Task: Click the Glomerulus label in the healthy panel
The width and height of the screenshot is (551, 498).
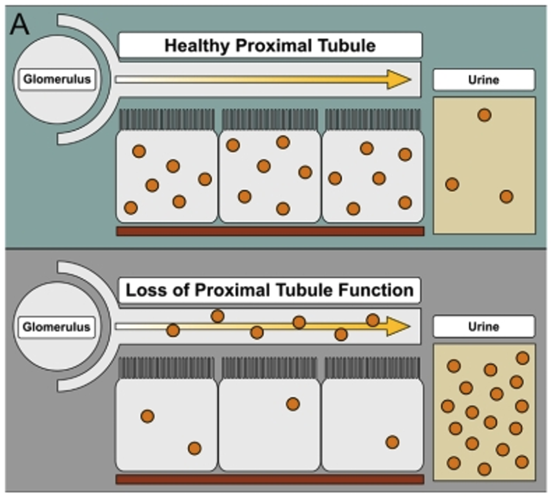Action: (58, 80)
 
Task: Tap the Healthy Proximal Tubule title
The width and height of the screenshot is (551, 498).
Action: (270, 45)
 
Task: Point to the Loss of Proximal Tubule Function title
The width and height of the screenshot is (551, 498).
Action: (270, 290)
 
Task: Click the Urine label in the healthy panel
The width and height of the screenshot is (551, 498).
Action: (484, 80)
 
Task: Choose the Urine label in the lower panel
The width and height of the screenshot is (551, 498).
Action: (484, 327)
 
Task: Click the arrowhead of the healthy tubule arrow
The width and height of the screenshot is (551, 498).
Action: (399, 79)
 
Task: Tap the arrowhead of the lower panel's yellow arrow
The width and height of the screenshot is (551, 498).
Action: (399, 326)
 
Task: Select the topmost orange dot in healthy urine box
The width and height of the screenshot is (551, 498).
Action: (484, 115)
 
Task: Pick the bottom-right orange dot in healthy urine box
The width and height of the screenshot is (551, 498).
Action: (506, 197)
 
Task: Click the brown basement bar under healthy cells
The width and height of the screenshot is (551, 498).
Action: (269, 231)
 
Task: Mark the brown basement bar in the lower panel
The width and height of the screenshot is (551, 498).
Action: (269, 479)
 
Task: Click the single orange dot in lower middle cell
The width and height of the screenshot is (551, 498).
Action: (293, 404)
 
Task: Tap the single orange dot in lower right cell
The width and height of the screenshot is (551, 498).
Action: (392, 442)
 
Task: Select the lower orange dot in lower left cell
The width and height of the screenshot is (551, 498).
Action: (194, 448)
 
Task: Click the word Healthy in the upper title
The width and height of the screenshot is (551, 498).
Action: (197, 45)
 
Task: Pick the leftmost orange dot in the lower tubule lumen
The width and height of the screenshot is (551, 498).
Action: (173, 330)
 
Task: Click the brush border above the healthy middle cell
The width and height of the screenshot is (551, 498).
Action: (269, 119)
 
